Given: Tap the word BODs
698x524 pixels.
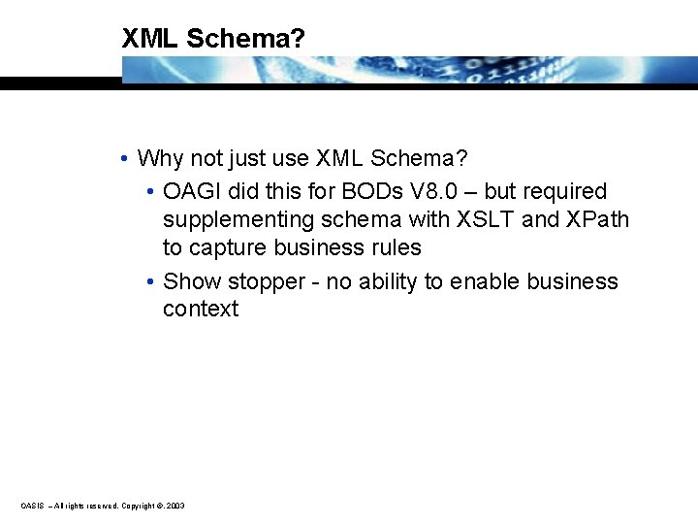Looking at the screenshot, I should [x=337, y=191].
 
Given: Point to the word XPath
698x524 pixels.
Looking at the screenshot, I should [x=597, y=219].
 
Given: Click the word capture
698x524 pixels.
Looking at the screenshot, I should [x=228, y=248].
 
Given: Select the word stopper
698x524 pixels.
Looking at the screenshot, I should [x=254, y=281].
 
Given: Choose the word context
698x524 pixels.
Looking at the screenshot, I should [x=201, y=310].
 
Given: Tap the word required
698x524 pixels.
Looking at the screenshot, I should [x=565, y=192].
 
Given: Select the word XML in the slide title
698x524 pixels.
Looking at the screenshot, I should [x=150, y=39].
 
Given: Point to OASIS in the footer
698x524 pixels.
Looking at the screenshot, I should [x=32, y=506].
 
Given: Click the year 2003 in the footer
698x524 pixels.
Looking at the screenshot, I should [x=175, y=506].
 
